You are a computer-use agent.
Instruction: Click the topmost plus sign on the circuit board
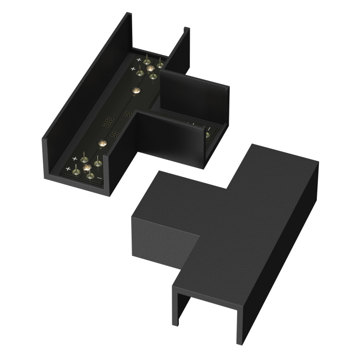click(139, 60)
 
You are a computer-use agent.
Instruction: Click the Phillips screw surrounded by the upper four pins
click(150, 69)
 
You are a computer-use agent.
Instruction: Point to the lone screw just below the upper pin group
click(136, 91)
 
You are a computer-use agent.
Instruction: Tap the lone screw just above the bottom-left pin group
click(101, 144)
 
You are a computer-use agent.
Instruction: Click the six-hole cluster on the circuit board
click(107, 121)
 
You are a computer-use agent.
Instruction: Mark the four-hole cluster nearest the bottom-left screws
click(115, 135)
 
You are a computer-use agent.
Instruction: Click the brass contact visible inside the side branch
click(207, 135)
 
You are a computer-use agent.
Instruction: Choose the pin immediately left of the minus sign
click(91, 176)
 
